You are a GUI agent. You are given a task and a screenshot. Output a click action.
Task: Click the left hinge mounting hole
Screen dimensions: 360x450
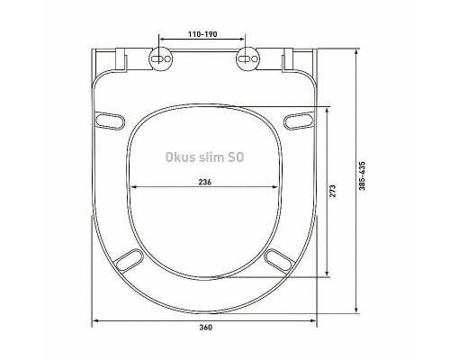point(161,60)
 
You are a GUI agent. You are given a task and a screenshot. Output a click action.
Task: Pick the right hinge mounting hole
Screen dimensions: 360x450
point(247,60)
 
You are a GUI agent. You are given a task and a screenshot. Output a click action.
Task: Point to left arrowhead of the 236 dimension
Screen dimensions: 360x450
point(135,186)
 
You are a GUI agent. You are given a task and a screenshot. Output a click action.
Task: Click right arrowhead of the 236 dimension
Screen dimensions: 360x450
point(276,186)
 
